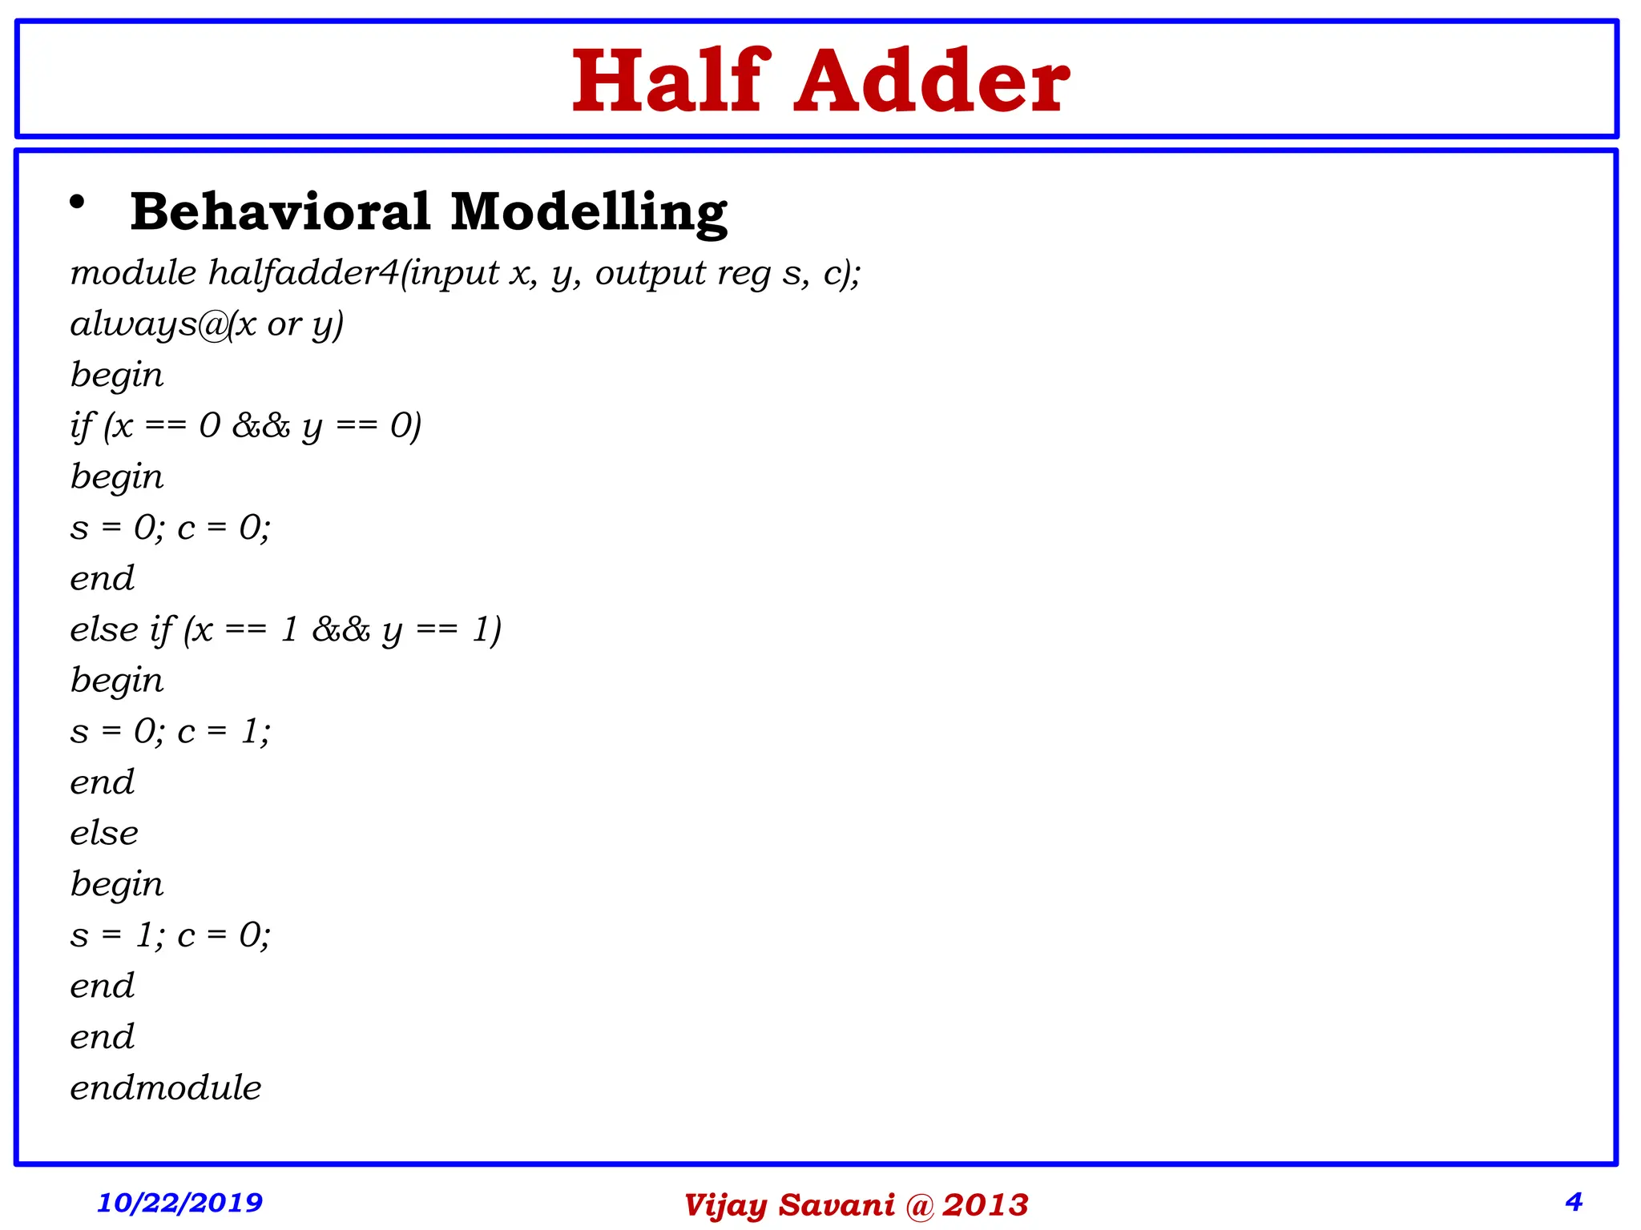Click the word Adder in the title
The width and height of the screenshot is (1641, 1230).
932,82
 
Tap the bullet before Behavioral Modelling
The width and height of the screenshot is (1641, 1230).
77,203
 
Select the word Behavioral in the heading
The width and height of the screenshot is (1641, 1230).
281,213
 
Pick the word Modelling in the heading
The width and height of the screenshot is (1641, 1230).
589,213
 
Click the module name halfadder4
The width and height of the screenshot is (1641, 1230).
304,273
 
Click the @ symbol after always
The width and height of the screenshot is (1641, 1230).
213,325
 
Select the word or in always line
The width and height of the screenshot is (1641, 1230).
284,325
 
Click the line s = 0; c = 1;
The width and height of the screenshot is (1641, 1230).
171,731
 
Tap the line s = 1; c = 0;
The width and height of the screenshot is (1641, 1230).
171,935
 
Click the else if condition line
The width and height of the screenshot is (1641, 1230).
285,630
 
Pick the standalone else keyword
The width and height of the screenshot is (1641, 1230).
104,834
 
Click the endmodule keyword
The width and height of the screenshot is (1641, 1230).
166,1088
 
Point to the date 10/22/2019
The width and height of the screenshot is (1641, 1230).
179,1202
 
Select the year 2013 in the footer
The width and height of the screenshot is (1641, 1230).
985,1205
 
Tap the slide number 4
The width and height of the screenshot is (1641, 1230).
1574,1201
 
